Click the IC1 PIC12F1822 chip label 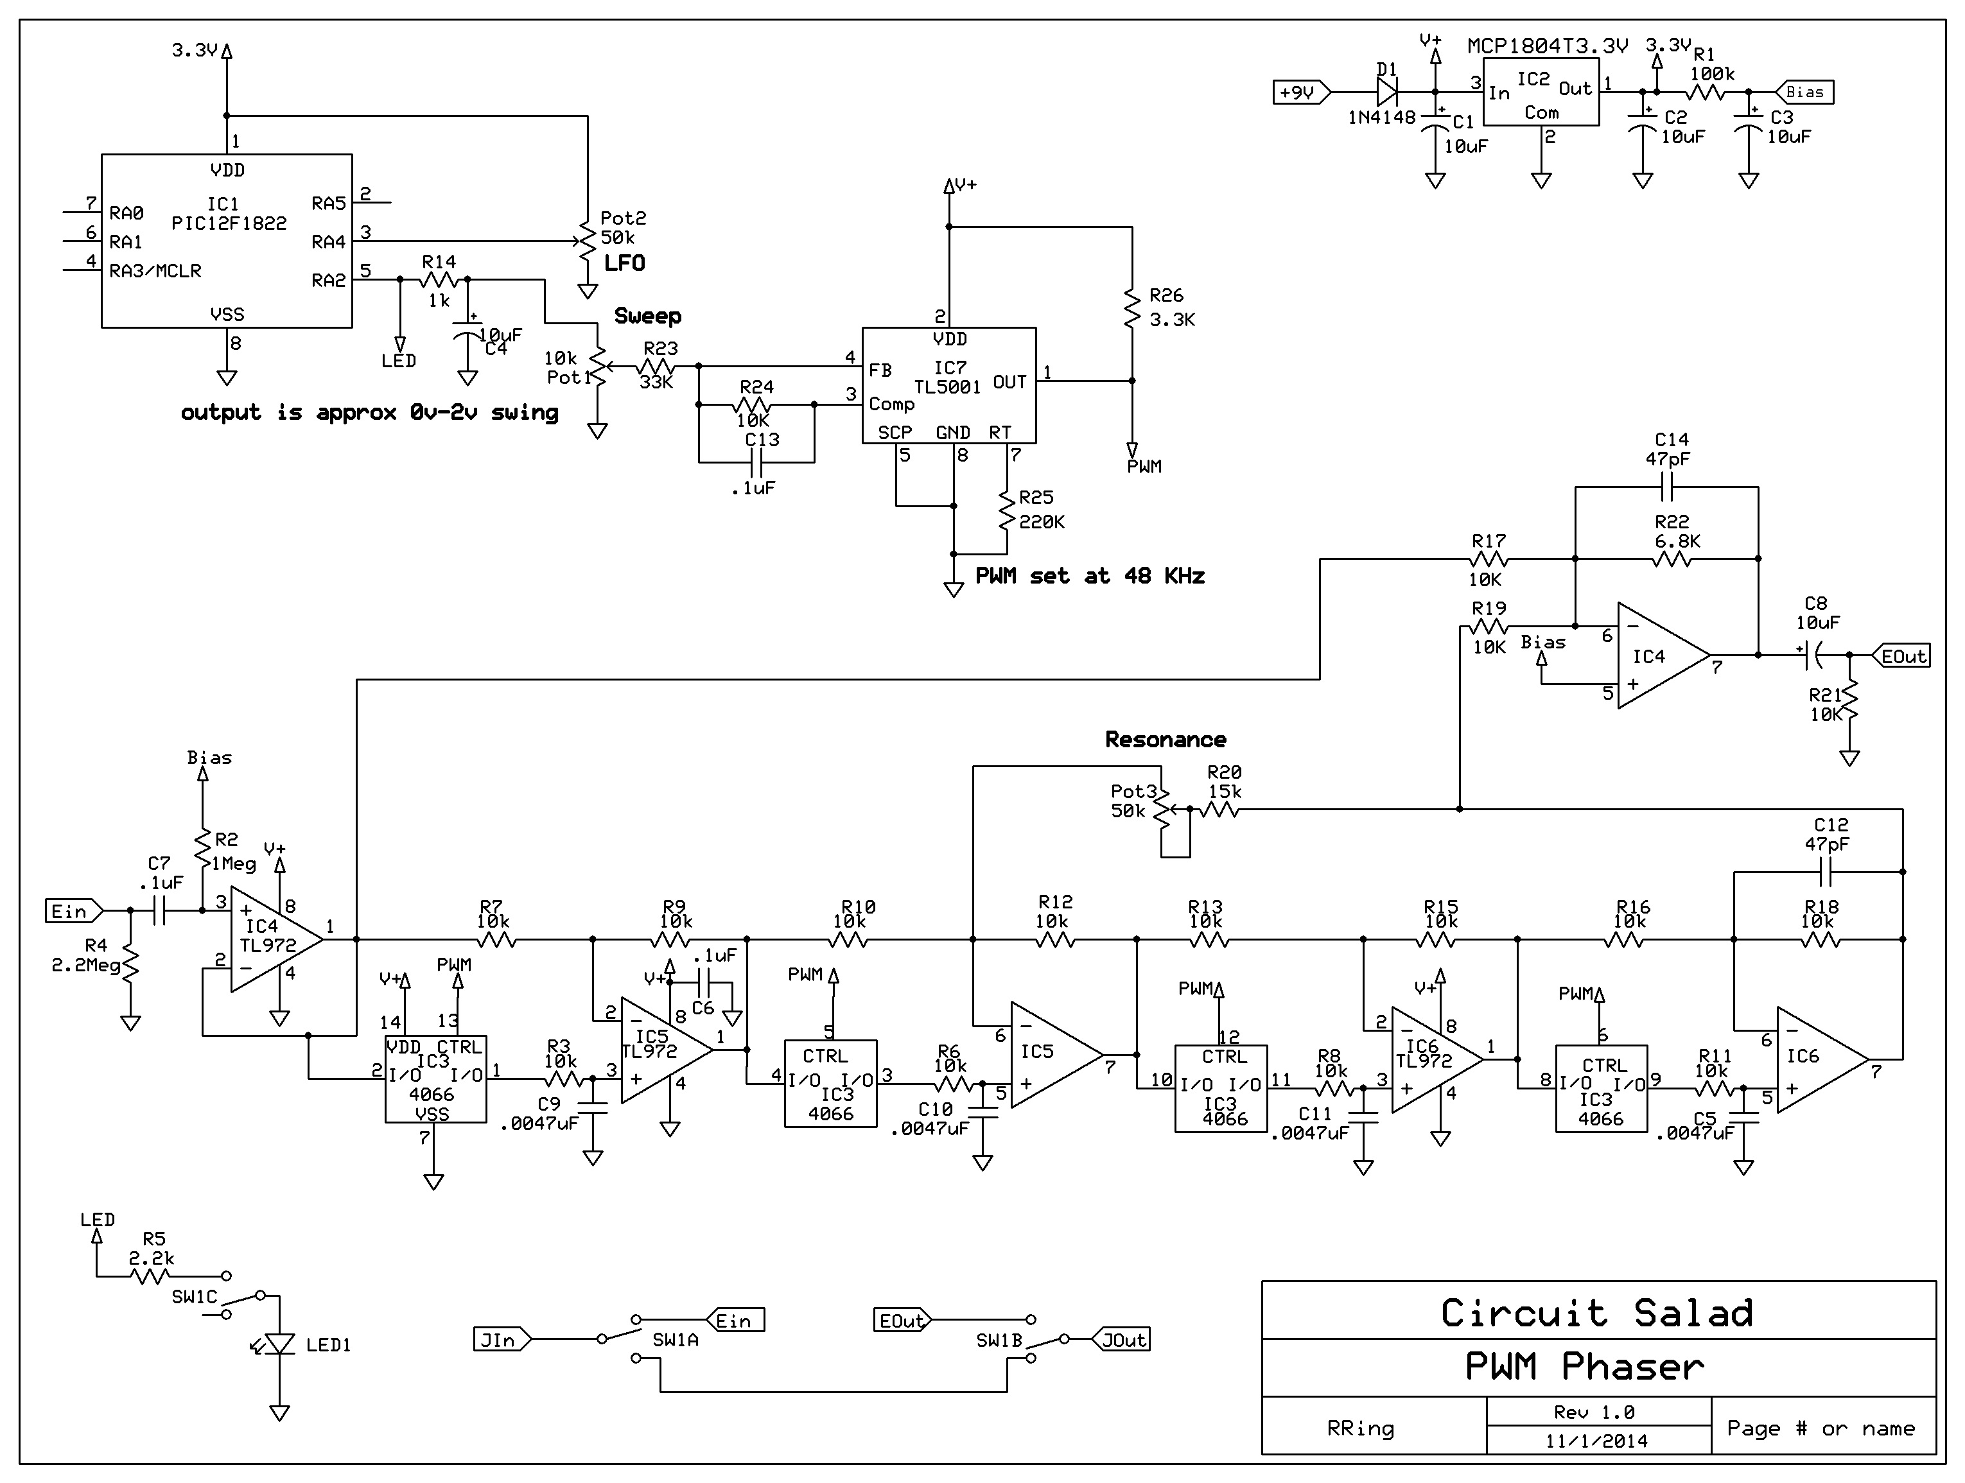tap(229, 214)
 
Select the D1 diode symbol tap(1386, 91)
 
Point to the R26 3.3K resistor tap(1131, 308)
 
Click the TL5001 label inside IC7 tap(947, 387)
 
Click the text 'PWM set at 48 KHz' tap(1089, 577)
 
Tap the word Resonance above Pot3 tap(1165, 740)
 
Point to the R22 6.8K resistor tap(1671, 559)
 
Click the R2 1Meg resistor tap(202, 851)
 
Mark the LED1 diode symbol tap(280, 1344)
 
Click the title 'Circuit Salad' tap(1597, 1312)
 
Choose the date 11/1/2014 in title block tap(1596, 1441)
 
